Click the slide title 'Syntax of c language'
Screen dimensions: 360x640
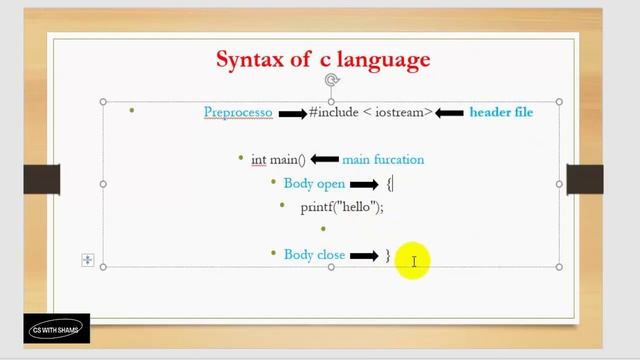point(323,59)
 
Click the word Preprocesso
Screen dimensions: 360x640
point(238,112)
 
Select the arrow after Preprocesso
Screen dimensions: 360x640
point(292,113)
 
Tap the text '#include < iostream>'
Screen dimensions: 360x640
point(371,112)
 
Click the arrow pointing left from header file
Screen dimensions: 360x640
point(450,113)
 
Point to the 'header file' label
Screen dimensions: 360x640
point(501,112)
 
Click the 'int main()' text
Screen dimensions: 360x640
point(278,159)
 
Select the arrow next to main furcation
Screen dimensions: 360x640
point(324,159)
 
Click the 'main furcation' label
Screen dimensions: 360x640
point(383,159)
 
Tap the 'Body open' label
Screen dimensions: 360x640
point(314,183)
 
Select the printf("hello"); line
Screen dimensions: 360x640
point(342,207)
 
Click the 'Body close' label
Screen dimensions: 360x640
point(314,255)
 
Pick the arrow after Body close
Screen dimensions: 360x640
point(363,256)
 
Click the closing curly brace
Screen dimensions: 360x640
point(388,255)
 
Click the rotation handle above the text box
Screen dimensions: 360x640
point(331,81)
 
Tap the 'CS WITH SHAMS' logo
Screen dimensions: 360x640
point(57,329)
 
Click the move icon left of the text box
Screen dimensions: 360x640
point(87,260)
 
